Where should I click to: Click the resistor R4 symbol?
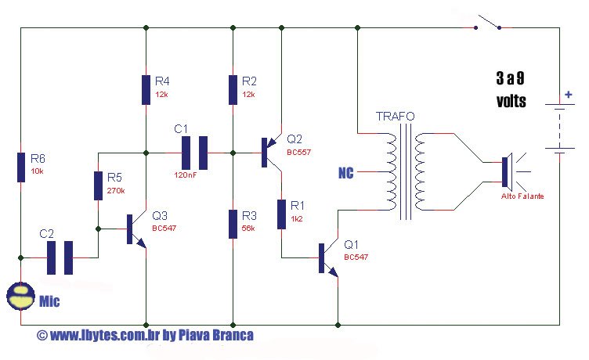click(x=146, y=89)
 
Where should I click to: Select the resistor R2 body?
click(x=233, y=89)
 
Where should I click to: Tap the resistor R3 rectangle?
click(x=233, y=223)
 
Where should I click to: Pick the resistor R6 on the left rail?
click(x=21, y=167)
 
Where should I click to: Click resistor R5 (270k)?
click(x=99, y=188)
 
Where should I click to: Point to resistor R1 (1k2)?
click(x=281, y=214)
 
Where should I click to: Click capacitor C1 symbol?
click(x=195, y=153)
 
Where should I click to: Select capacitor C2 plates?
click(x=59, y=257)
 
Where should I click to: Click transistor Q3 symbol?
click(x=134, y=231)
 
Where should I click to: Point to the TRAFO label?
click(x=396, y=117)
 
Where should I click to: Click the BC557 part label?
click(x=299, y=152)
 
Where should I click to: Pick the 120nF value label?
click(x=186, y=175)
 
